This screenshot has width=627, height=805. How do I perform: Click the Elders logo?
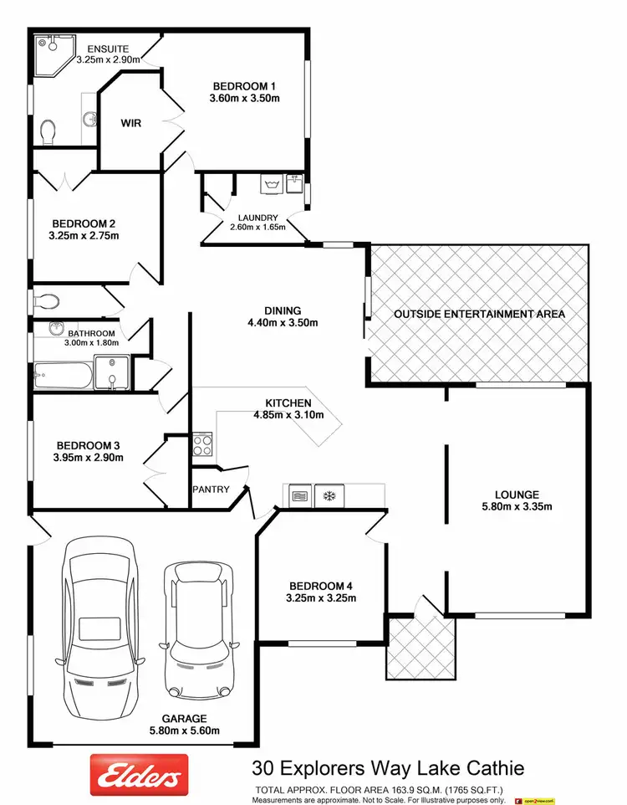point(139,775)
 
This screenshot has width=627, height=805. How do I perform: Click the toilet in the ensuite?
point(48,131)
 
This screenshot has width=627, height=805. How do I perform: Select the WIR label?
point(130,123)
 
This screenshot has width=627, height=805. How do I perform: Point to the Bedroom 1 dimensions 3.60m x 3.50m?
point(245,99)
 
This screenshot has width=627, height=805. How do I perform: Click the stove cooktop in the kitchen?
point(203,444)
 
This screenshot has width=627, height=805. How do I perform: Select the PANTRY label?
point(211,490)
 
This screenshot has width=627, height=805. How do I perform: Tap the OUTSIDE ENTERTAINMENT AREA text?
point(479,315)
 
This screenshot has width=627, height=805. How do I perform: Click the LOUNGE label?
point(516,495)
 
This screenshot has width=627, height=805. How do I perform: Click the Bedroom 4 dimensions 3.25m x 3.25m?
point(322,598)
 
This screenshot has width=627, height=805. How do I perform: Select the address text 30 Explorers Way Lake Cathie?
point(388,767)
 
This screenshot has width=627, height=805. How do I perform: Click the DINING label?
point(283,310)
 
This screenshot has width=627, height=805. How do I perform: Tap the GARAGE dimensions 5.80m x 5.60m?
point(185,730)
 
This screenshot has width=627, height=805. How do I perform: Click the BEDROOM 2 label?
point(84,223)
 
